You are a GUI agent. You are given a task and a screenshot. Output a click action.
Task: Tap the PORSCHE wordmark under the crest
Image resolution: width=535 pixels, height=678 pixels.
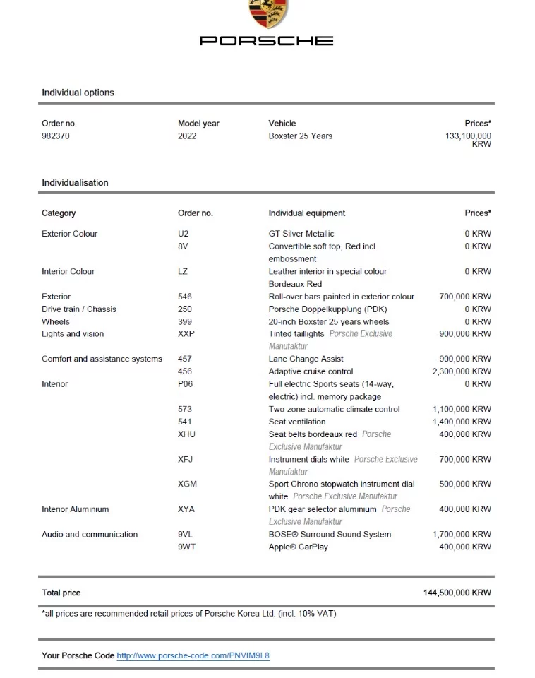(x=267, y=41)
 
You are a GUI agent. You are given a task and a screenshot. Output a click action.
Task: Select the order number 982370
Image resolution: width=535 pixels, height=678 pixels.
(x=56, y=136)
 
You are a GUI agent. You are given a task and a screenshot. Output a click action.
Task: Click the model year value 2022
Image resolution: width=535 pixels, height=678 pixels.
(x=187, y=136)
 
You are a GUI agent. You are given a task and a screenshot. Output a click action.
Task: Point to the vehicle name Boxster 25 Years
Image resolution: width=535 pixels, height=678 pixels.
(x=300, y=136)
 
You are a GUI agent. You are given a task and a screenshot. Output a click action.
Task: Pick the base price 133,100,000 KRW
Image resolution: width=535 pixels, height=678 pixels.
(x=469, y=140)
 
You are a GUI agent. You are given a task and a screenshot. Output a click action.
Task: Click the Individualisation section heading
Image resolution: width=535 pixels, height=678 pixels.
(x=75, y=183)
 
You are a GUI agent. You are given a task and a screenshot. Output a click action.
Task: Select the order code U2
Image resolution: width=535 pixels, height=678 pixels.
(x=184, y=234)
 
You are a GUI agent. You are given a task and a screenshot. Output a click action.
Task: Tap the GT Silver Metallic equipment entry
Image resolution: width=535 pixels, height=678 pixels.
(x=301, y=234)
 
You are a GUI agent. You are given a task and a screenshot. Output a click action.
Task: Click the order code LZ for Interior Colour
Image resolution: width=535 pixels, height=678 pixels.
(x=183, y=271)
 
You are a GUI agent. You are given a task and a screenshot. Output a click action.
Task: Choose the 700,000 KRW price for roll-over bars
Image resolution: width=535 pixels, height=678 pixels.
(x=465, y=297)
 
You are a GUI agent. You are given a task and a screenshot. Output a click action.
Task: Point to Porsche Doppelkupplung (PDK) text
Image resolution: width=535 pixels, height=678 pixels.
(x=327, y=309)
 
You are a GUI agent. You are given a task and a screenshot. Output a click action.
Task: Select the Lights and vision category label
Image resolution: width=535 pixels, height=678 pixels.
(x=73, y=334)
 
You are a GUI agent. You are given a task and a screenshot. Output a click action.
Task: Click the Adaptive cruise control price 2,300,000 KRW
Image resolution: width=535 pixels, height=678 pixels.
(x=462, y=371)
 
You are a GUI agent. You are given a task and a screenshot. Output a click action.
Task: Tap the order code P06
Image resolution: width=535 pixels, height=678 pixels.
(x=185, y=384)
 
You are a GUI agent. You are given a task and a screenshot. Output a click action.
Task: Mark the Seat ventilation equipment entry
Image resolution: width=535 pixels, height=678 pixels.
(x=297, y=422)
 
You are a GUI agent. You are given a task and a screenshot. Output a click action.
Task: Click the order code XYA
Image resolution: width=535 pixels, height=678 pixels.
(x=186, y=509)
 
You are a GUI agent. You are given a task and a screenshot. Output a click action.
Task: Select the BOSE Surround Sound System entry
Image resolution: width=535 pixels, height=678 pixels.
(x=330, y=535)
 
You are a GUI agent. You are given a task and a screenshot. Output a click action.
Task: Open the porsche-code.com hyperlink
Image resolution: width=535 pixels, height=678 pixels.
(x=193, y=655)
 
